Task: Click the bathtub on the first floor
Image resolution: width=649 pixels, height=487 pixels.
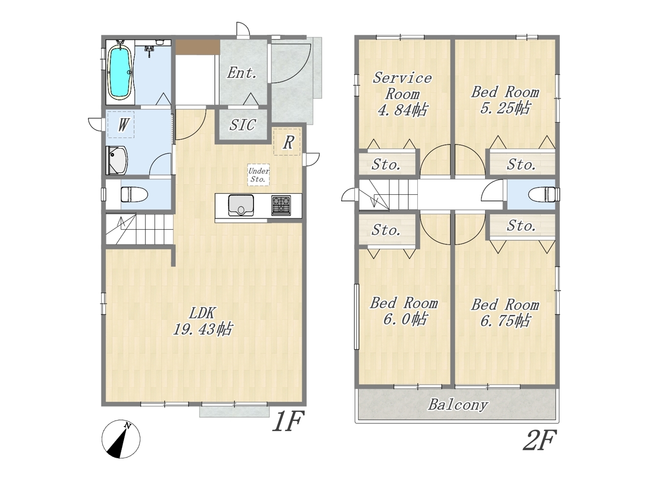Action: (120, 72)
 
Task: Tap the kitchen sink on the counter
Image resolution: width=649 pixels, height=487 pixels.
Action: (241, 205)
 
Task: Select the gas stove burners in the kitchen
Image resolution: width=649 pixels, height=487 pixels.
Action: (281, 205)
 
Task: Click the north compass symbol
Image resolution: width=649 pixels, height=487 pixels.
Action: (121, 439)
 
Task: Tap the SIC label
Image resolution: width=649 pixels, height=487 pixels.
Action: (242, 125)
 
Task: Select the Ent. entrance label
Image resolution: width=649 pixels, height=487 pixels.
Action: (241, 73)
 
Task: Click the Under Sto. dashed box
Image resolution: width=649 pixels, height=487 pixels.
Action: (259, 175)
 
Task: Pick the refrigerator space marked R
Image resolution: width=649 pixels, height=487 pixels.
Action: (286, 142)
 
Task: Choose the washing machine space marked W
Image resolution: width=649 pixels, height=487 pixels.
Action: (121, 124)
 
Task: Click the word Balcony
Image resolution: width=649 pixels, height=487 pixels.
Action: (458, 405)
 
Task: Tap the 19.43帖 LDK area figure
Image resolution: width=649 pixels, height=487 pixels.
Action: (202, 329)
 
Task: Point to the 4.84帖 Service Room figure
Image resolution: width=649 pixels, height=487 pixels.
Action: (402, 110)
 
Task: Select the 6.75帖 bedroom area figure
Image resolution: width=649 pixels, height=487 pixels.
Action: (504, 321)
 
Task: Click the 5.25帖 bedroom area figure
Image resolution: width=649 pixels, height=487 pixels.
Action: (504, 108)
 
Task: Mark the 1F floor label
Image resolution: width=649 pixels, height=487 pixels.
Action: (289, 421)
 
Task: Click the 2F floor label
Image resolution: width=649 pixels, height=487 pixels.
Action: (540, 440)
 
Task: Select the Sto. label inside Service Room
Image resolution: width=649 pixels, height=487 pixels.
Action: (386, 164)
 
